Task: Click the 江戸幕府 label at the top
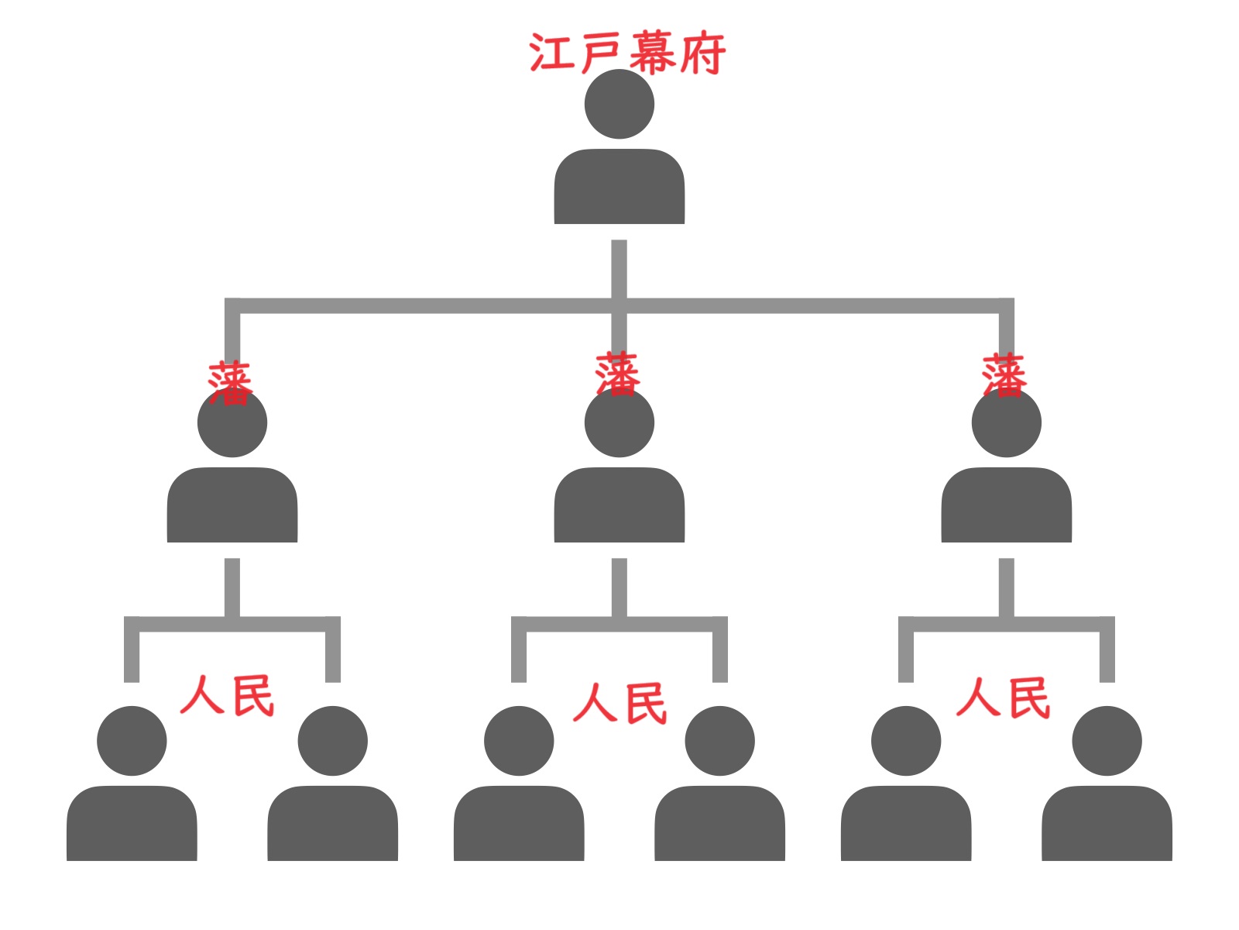point(627,53)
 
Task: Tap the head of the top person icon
point(619,105)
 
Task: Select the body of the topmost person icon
point(619,188)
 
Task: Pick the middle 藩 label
point(617,374)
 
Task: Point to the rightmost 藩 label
point(1004,375)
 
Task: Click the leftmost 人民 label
point(228,695)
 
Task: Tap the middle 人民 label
point(619,703)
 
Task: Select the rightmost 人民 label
point(1004,697)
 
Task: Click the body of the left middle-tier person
point(232,505)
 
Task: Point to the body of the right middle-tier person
point(1007,505)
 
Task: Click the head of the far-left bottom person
point(132,741)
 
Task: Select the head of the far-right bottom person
point(1107,741)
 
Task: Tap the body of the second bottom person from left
point(333,824)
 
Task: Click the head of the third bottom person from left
point(519,741)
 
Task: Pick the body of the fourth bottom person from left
point(720,824)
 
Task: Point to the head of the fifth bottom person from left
point(906,741)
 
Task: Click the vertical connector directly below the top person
point(619,267)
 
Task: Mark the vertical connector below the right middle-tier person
point(1007,587)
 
